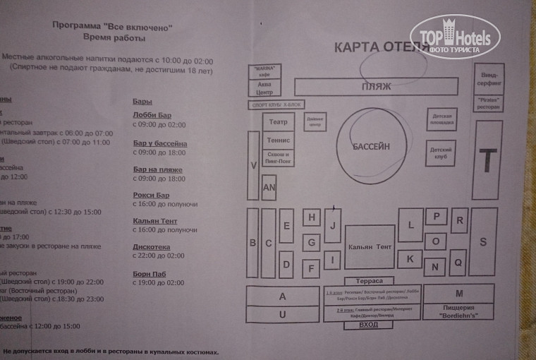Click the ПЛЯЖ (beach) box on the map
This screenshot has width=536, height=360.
click(x=372, y=87)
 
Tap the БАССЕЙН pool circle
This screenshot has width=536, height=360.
click(x=371, y=146)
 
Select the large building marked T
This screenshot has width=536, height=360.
click(x=487, y=160)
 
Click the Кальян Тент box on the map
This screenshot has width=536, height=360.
click(x=370, y=247)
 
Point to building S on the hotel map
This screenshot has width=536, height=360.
click(x=483, y=242)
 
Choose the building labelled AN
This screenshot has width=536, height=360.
click(x=269, y=188)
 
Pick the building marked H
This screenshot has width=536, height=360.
click(x=311, y=218)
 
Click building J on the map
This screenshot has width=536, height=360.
click(x=332, y=226)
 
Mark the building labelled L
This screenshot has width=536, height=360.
click(x=410, y=225)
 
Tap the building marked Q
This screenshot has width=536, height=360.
click(x=458, y=262)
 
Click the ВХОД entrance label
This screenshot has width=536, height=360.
click(x=368, y=325)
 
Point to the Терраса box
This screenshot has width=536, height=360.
click(x=369, y=281)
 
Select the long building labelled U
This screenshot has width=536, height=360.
click(x=282, y=315)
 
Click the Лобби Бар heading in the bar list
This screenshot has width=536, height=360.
click(x=152, y=115)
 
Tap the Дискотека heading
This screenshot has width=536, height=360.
click(x=152, y=247)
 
